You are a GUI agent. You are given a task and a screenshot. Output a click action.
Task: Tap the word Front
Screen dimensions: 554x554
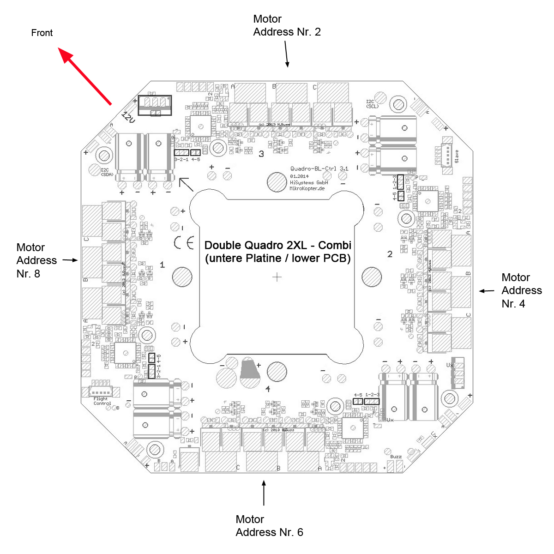[42, 33]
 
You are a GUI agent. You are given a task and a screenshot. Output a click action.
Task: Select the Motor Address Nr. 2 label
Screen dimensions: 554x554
[287, 25]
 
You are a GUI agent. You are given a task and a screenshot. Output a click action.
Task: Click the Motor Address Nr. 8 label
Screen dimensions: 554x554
[36, 260]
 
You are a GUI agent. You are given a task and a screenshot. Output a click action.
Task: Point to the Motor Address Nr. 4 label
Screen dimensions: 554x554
[521, 290]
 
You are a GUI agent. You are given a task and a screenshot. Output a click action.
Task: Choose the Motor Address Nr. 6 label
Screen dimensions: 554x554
[269, 526]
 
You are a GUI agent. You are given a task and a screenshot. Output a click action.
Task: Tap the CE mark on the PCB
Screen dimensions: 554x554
[184, 243]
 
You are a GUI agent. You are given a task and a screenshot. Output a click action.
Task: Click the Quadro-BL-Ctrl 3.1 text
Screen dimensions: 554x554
[319, 169]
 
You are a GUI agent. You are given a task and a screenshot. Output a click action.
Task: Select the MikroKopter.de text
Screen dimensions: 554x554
[307, 188]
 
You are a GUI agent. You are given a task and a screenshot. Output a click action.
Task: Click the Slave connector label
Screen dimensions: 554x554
[457, 156]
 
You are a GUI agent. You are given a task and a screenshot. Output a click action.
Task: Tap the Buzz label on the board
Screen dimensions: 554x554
[396, 457]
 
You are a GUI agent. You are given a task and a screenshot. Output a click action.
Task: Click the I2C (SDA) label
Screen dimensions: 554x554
[107, 172]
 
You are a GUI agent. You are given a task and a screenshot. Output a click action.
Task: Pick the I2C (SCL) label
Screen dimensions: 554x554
[372, 104]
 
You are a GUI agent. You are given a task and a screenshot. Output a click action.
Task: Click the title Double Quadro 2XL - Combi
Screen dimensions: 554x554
[277, 245]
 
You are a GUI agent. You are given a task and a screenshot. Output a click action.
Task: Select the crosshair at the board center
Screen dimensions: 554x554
[277, 277]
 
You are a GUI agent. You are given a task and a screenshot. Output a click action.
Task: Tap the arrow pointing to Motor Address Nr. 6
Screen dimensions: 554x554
[264, 493]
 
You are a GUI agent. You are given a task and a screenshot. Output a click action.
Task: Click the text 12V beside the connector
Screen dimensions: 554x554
[128, 117]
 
